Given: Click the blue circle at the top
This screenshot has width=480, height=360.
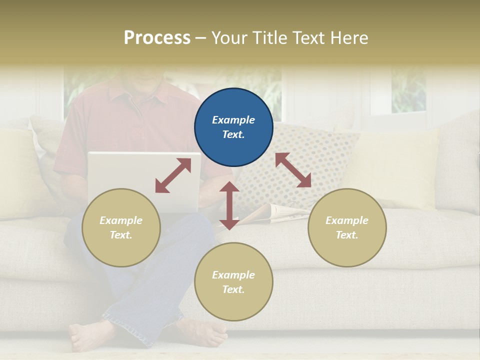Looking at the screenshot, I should coord(233,127).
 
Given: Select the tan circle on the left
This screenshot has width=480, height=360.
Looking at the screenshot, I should coord(121,227).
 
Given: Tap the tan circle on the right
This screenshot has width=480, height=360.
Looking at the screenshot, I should coord(347,227).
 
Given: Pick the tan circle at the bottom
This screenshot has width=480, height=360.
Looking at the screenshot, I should coord(233,282).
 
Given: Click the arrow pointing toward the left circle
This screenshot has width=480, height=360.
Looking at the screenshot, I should coord(173,175).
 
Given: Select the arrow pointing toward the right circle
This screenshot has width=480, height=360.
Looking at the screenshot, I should coord(293,170).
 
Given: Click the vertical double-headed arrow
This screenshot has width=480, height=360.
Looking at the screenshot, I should coord(229,205).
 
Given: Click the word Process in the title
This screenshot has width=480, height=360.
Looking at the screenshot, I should coord(157,38).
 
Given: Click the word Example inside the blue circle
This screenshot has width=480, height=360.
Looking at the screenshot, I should coord(233,120).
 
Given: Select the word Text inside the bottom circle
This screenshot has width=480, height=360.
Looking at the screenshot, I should coord(233,289).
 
